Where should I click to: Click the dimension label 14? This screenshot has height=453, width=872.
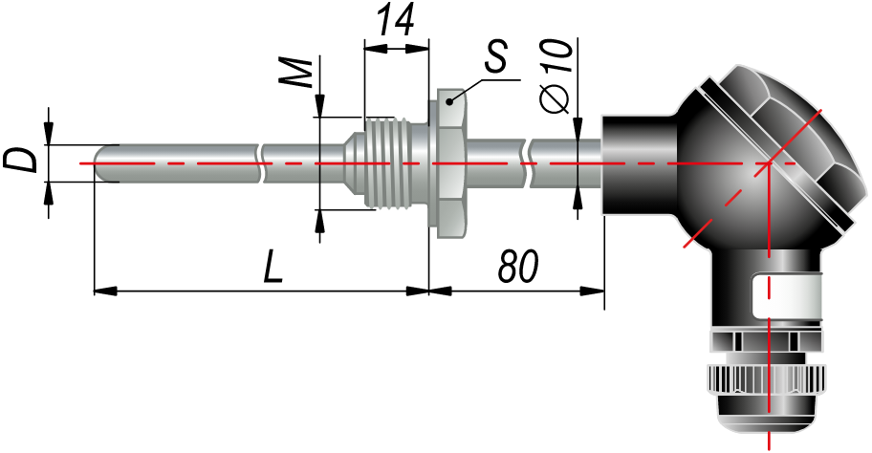coord(396,21)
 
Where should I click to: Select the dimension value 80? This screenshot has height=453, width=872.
coord(518,267)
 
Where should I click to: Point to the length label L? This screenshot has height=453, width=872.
coord(273,267)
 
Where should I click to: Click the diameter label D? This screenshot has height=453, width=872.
coord(19,161)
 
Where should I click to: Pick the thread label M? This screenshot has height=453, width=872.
coord(295,73)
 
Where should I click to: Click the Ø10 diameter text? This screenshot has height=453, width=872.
coord(556,76)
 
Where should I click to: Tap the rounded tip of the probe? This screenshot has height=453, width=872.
coord(101,163)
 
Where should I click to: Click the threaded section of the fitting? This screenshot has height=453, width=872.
coord(386,163)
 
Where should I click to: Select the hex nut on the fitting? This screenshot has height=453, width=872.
coord(450,163)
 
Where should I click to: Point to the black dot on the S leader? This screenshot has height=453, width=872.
coord(449,101)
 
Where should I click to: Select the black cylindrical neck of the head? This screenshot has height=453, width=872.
coord(640,164)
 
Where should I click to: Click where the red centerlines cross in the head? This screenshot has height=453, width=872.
coord(768,163)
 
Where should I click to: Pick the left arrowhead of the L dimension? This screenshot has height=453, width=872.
coord(104,291)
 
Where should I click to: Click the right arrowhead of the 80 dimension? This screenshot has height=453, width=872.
coord(593,291)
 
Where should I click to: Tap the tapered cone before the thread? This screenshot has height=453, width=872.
coord(354,163)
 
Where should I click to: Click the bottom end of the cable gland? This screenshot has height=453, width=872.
coord(768,427)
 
